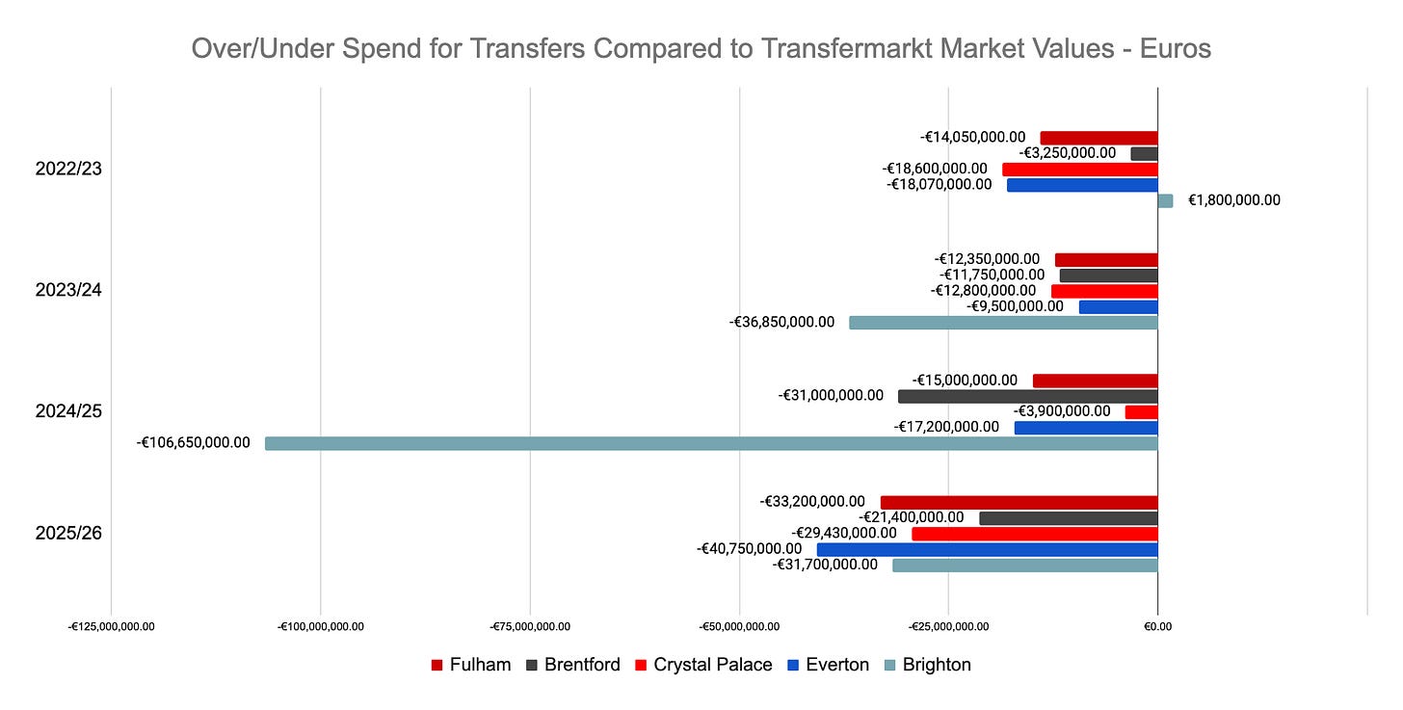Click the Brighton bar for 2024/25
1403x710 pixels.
tap(711, 443)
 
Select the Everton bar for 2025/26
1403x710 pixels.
tap(988, 550)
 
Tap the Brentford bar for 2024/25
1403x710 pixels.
tap(1028, 396)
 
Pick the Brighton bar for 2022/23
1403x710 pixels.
tap(1165, 200)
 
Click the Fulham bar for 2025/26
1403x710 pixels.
tap(1019, 502)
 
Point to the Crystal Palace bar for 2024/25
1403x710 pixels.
tap(1141, 412)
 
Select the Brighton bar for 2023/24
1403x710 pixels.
tap(1003, 323)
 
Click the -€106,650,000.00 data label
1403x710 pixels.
tap(193, 442)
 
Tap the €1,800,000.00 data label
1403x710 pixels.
tap(1233, 200)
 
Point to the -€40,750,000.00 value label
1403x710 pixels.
tap(749, 549)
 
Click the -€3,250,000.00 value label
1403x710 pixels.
tap(1068, 153)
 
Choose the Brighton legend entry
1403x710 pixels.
tap(928, 665)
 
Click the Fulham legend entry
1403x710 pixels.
tap(471, 665)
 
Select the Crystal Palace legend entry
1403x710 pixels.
tap(703, 665)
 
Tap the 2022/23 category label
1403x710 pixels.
tap(68, 169)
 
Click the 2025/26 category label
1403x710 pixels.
tap(68, 533)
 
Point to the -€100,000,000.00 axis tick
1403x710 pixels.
tap(321, 627)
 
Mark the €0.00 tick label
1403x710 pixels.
tap(1157, 627)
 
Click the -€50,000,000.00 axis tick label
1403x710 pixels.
tap(739, 627)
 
